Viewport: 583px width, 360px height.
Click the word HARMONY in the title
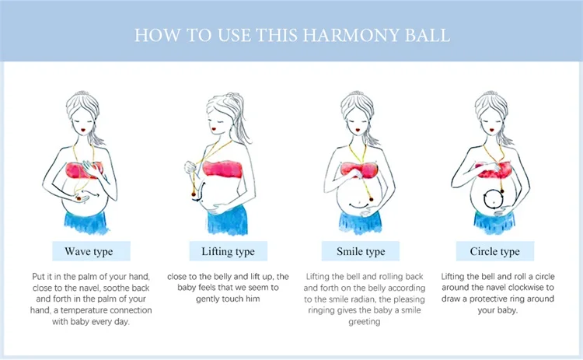[351, 35]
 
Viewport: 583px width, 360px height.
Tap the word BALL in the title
[427, 35]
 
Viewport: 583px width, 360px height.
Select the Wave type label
[89, 251]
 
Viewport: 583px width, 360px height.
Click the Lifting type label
[228, 251]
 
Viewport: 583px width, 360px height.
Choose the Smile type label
[361, 251]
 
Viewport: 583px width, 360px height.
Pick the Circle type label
[494, 251]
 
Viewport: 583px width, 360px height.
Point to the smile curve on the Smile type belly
[359, 206]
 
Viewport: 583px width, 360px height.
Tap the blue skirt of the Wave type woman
[86, 222]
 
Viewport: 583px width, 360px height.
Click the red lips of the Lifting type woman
[215, 128]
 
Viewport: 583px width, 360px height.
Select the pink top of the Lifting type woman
[222, 170]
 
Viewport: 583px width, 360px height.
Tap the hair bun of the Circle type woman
[490, 94]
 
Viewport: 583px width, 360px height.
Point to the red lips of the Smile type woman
[358, 130]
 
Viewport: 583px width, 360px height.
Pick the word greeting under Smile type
[365, 322]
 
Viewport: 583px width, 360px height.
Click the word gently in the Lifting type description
[208, 299]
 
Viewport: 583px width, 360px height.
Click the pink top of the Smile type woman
[359, 170]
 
